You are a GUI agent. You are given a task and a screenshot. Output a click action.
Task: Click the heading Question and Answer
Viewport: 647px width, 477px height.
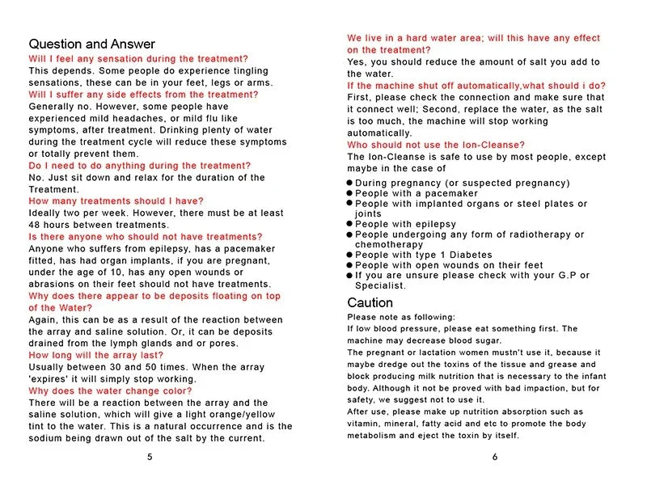91,44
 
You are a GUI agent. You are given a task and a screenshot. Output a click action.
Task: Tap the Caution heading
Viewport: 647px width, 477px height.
370,302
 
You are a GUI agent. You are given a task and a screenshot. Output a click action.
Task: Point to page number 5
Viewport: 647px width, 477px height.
150,456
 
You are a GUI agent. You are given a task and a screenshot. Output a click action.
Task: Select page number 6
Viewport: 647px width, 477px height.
494,456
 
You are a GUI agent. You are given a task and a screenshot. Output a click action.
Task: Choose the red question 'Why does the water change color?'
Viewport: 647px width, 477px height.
110,390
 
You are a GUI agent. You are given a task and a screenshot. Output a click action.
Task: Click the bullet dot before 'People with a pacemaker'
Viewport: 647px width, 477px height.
350,194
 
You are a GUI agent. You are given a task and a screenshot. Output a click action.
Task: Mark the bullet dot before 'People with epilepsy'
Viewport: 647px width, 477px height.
350,224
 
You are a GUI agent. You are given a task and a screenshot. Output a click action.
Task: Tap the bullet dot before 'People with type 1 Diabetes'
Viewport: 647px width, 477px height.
350,255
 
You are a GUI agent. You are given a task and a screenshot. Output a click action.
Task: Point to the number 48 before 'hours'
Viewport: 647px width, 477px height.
35,224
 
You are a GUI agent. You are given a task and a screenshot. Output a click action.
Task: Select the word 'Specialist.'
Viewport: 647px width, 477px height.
381,285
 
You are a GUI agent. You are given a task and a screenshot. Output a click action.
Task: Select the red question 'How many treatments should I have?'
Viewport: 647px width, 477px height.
116,201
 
